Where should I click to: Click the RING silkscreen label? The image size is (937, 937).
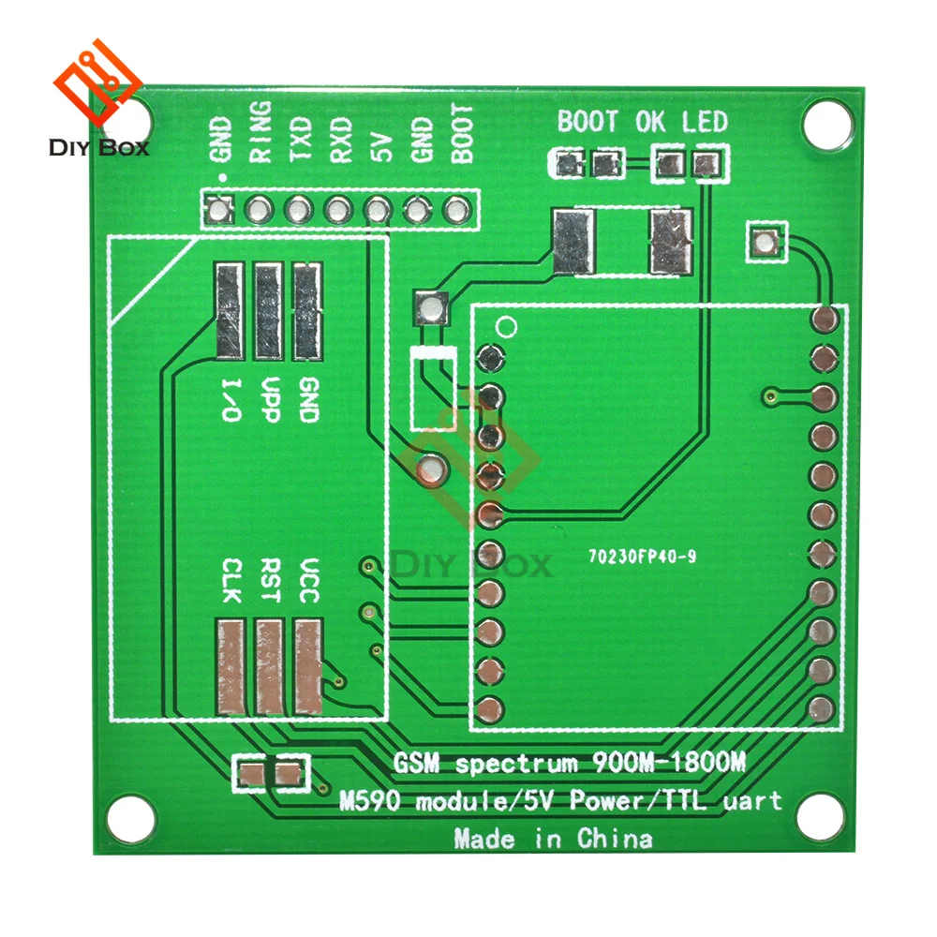click(x=260, y=133)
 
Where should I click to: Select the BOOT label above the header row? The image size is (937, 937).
click(x=462, y=134)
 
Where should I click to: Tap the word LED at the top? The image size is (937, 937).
click(x=704, y=121)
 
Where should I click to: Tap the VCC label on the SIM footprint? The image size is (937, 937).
click(x=309, y=580)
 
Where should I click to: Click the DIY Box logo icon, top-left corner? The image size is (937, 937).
click(x=96, y=86)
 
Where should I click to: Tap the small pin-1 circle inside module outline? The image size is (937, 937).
click(x=506, y=327)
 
